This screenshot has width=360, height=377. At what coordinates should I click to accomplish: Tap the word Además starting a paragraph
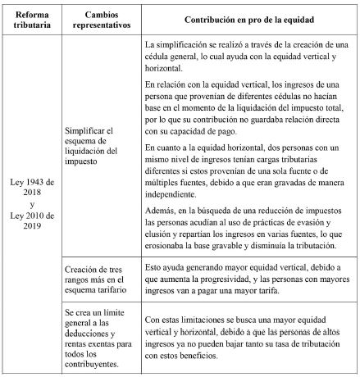click(x=159, y=211)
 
